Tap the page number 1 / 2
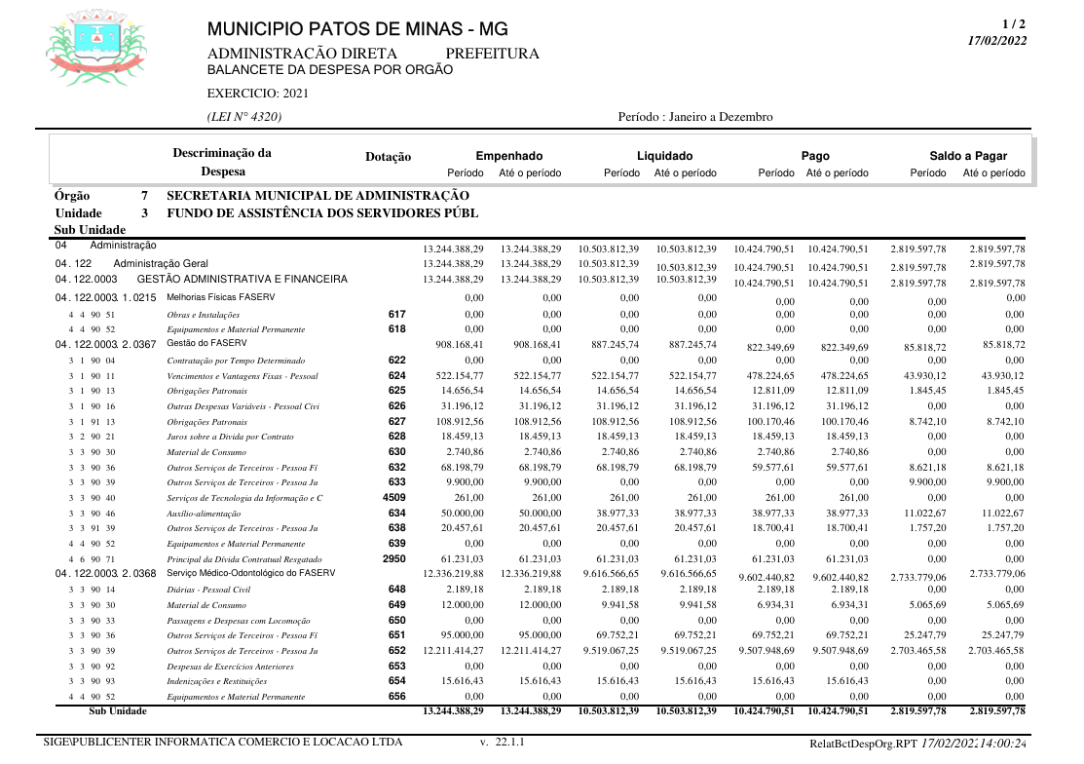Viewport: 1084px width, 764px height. point(1013,24)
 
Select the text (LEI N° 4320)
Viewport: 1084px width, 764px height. point(244,117)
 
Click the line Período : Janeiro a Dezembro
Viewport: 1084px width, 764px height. point(695,117)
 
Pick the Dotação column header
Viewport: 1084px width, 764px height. point(388,157)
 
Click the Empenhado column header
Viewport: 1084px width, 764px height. point(508,156)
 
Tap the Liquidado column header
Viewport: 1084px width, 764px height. point(664,156)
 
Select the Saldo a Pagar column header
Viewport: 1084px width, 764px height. point(967,156)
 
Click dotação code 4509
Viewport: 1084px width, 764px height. point(394,498)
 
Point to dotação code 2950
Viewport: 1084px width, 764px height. point(394,558)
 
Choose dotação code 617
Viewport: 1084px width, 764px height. point(396,315)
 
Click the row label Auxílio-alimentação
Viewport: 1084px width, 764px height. point(204,514)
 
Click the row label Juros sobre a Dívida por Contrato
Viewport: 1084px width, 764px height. point(230,438)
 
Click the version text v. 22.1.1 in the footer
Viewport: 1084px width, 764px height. point(503,743)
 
